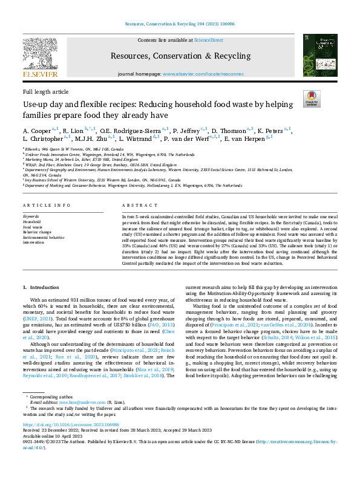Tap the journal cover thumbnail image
tap(317, 55)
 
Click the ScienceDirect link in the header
tap(208, 41)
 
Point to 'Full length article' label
tap(45, 91)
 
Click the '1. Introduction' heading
tap(41, 287)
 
